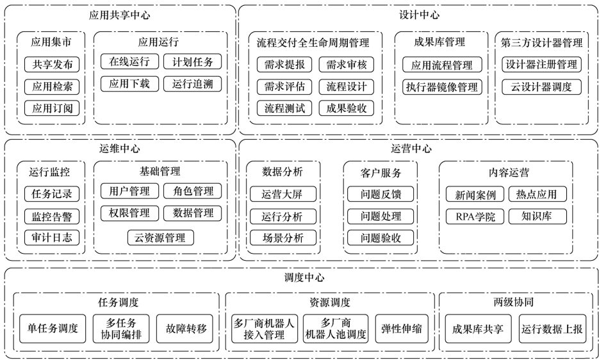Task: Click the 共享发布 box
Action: tap(52, 64)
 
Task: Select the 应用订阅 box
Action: tap(52, 108)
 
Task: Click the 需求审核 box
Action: tap(346, 65)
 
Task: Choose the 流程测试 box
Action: tap(284, 108)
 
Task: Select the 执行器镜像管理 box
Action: tap(441, 87)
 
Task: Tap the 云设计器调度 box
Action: tap(541, 87)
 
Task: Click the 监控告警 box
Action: tap(52, 215)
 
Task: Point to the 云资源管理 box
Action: tap(160, 238)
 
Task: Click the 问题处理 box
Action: tap(381, 216)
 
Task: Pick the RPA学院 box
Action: tap(475, 216)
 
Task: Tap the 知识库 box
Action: tap(538, 216)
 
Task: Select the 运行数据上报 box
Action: tap(552, 329)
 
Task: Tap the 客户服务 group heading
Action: tap(381, 172)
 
